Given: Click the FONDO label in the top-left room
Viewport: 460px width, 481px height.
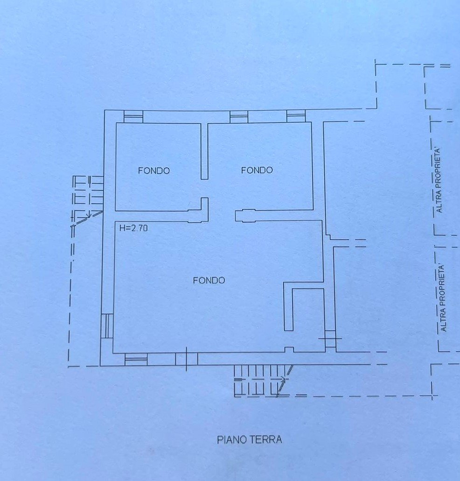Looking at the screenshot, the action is point(154,170).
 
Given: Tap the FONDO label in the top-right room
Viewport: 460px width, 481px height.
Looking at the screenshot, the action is point(257,170).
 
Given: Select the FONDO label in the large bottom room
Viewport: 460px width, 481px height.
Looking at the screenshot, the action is point(209,280).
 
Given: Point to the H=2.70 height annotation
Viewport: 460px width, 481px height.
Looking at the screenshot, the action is point(133,228).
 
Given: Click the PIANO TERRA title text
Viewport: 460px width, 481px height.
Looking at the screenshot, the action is point(250,439).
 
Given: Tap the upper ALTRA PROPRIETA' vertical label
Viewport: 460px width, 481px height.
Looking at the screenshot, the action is point(439,181).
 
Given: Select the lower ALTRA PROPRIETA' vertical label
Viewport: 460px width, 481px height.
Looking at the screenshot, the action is point(443,298).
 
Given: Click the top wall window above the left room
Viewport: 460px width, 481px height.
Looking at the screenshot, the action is point(133,117).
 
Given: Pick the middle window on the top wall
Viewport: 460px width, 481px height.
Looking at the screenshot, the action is point(239,117).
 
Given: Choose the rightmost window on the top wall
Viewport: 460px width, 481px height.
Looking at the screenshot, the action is point(296,116).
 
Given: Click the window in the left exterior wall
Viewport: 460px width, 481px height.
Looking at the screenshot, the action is point(107,326).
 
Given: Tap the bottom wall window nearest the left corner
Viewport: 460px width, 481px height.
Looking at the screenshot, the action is point(136,359).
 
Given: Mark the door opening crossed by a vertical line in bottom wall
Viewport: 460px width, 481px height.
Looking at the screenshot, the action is point(187,359).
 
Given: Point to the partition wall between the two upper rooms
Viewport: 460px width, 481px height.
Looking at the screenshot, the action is point(205,151).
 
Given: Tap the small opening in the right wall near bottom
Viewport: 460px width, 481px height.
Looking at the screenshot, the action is point(330,339).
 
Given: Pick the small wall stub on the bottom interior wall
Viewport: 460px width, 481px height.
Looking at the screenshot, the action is point(289,350).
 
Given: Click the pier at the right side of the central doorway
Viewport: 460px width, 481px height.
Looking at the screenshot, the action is point(245,215).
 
